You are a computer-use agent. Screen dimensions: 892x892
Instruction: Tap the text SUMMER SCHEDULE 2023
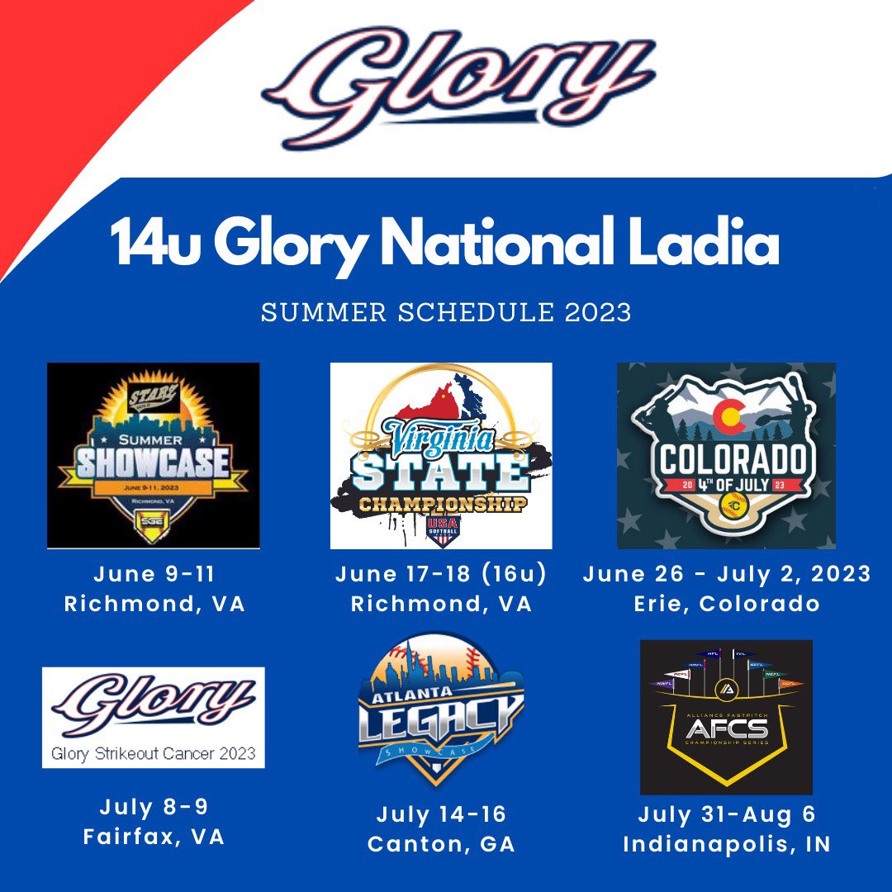point(446,313)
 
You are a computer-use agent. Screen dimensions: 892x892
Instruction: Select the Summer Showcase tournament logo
point(154,455)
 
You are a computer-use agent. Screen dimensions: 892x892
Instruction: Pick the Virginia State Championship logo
point(441,456)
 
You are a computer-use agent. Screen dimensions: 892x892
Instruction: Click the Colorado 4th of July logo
point(726,455)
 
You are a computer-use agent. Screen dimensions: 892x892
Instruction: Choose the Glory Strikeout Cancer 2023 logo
point(154,718)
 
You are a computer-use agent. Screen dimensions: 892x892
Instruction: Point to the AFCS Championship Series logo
point(726,717)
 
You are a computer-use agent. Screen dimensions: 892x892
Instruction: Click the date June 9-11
point(154,574)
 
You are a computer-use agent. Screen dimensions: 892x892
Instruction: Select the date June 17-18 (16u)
point(441,574)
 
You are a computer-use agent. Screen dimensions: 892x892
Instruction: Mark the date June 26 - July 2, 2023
point(727,574)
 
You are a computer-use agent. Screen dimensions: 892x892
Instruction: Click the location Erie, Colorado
point(727,604)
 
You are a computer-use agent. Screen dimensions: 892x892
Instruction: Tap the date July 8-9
point(154,807)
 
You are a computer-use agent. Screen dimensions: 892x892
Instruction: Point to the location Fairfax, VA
point(154,837)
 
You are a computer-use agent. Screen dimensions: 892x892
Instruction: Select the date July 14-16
point(441,815)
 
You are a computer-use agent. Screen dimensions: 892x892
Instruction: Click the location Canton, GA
point(441,845)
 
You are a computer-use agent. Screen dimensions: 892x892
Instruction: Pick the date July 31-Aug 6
point(727,815)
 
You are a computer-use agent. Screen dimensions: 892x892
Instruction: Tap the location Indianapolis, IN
point(727,845)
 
